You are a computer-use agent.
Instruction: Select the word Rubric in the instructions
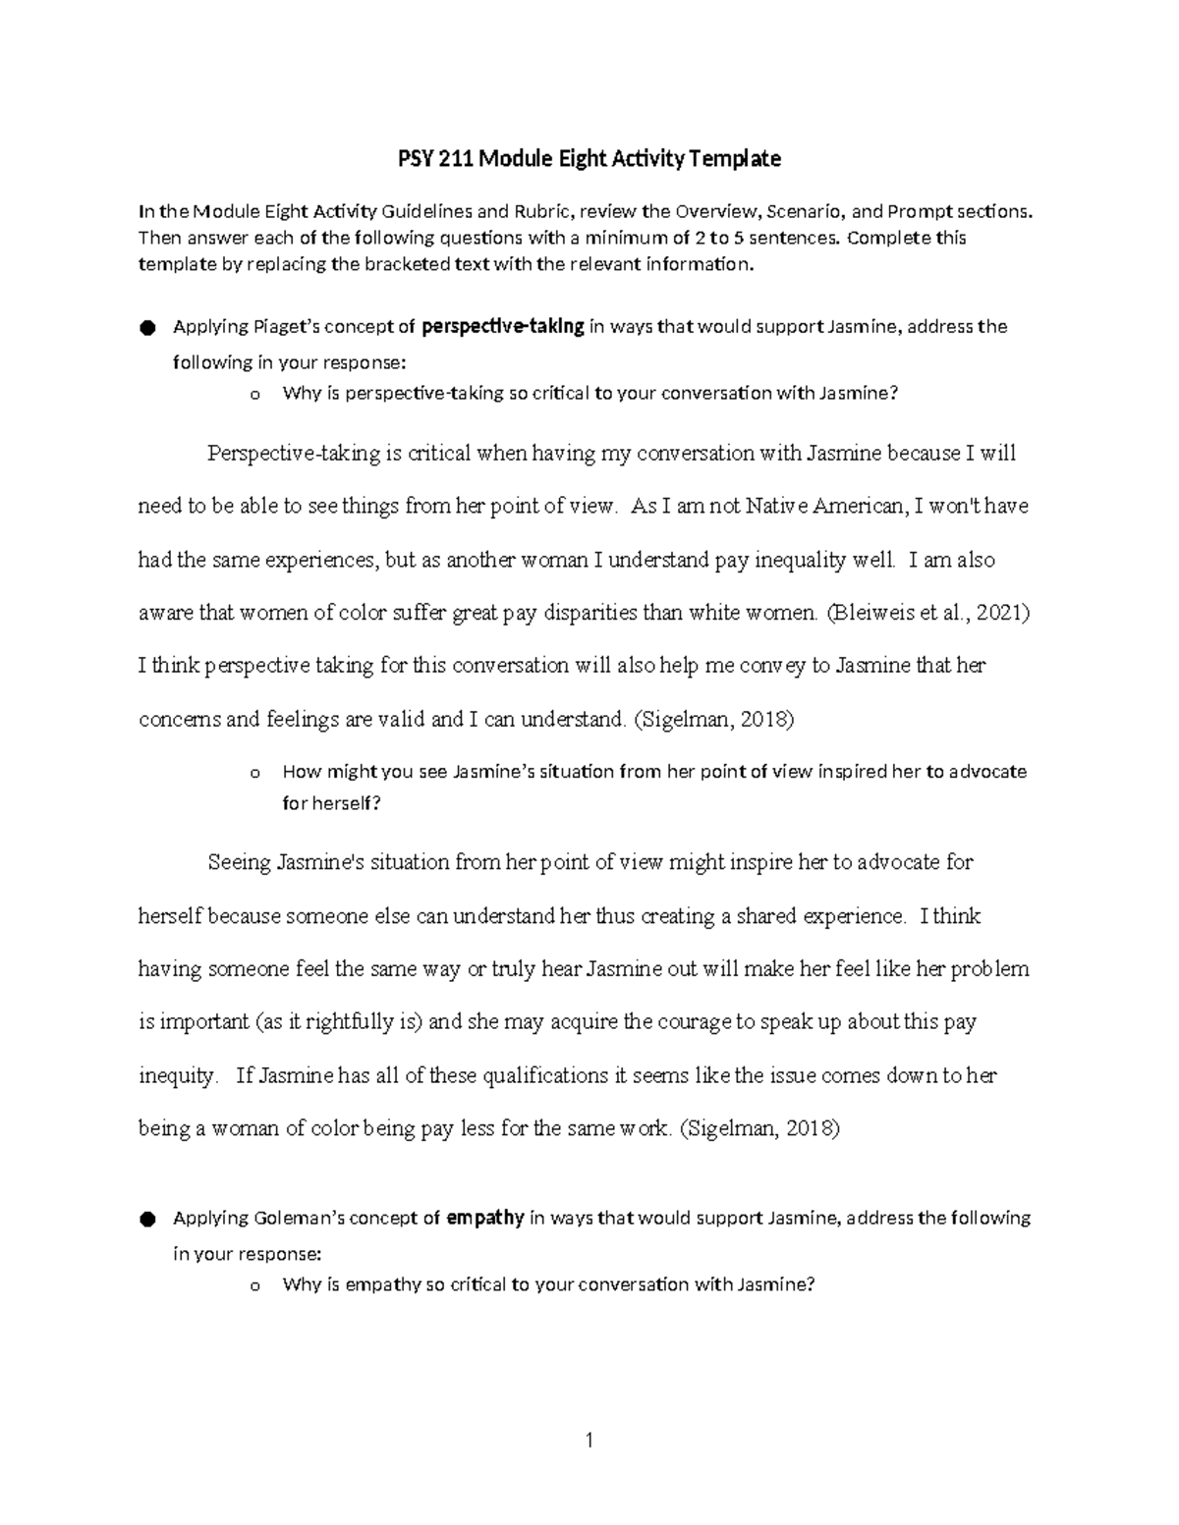538,211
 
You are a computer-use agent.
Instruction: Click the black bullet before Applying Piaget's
147,328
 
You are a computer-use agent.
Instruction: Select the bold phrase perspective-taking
503,326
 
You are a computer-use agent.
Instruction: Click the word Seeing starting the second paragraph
239,862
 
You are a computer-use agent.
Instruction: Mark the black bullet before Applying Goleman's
147,1220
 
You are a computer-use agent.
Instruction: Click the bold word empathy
484,1219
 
